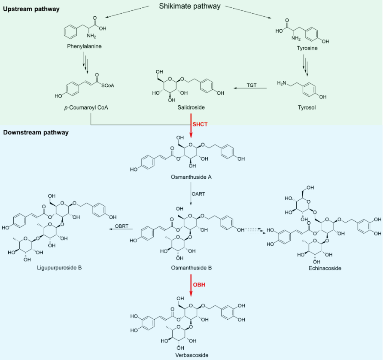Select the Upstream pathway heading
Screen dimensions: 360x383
[31, 9]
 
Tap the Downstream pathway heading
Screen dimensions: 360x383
[36, 132]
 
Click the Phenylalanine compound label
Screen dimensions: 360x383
[84, 46]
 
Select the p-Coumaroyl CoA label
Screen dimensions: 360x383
[85, 107]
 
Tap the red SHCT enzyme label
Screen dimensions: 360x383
[200, 124]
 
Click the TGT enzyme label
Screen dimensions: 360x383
[252, 85]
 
